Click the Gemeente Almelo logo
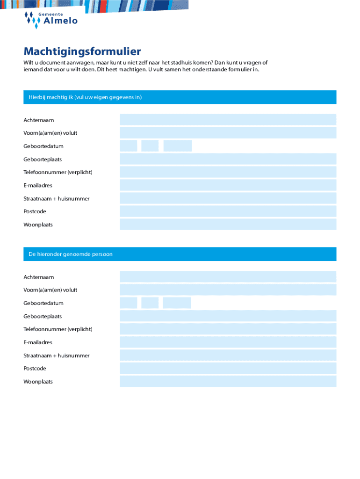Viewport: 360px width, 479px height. point(51,20)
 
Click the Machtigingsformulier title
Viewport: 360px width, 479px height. point(82,51)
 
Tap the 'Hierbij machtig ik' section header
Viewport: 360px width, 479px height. point(180,97)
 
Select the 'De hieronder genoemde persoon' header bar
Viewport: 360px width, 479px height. point(180,254)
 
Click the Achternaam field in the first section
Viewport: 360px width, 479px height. point(228,120)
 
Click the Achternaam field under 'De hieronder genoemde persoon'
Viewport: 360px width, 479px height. point(228,277)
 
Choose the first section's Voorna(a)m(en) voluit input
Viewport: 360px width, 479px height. point(228,133)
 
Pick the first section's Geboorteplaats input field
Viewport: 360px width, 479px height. point(228,159)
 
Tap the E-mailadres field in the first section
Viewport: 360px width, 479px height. point(228,185)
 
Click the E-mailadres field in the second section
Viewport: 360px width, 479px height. point(228,342)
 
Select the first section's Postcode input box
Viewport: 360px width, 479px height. point(228,211)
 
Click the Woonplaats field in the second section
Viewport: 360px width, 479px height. point(228,382)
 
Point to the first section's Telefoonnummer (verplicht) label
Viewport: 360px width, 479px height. point(58,172)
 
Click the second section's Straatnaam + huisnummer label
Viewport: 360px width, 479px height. point(57,356)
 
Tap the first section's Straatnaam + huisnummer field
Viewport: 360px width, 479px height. point(228,198)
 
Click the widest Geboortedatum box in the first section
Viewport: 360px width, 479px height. point(178,146)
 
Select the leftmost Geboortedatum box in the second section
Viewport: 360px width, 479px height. point(129,303)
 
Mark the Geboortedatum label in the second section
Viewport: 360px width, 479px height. point(43,303)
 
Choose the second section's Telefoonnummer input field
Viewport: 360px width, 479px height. point(228,329)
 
